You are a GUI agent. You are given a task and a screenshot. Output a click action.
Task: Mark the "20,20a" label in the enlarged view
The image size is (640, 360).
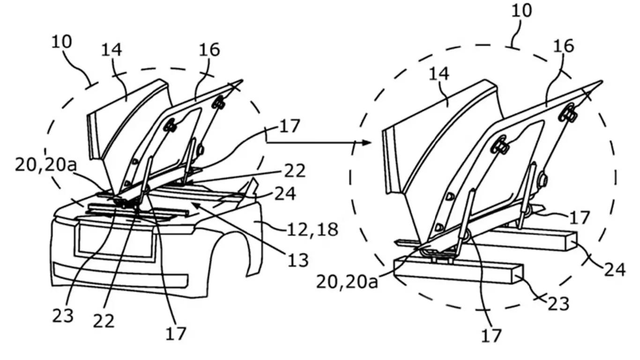click(347, 282)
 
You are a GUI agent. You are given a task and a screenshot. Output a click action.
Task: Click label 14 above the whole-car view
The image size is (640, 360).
click(112, 49)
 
